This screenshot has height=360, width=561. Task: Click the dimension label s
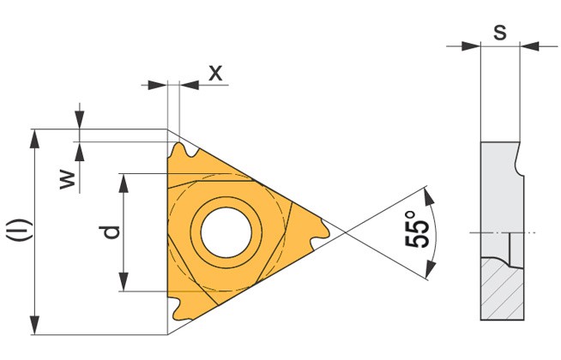[500, 33]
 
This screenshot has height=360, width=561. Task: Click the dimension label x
[215, 73]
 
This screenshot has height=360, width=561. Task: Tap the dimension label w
[68, 180]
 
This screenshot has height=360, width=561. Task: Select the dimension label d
[110, 232]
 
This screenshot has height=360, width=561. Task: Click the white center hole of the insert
[226, 232]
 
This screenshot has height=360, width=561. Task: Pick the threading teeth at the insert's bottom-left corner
[179, 309]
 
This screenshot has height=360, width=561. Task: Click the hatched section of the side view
[503, 289]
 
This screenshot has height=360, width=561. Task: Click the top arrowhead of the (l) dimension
[34, 139]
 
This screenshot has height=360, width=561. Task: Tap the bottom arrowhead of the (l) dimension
[34, 325]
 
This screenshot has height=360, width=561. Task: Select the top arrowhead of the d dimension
[124, 183]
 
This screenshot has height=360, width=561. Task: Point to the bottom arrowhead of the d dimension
[124, 281]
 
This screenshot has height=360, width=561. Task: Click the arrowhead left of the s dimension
[470, 46]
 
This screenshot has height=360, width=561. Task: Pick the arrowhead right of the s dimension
[529, 46]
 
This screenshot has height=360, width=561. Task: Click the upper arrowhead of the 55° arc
[429, 196]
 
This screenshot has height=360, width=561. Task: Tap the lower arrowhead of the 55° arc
[431, 269]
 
